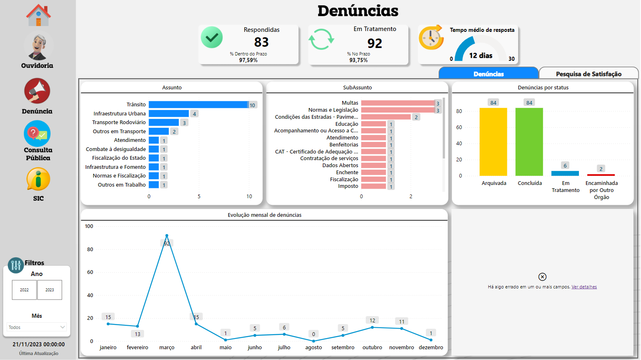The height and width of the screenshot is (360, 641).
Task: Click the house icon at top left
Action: pos(38,15)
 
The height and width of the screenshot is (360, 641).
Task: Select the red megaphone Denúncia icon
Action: pos(37,91)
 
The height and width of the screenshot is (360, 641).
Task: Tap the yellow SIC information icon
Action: pos(38,180)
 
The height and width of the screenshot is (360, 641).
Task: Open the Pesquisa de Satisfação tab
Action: pos(588,74)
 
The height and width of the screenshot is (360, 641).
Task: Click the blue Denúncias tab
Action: pos(488,74)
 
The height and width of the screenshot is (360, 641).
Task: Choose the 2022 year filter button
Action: pos(24,290)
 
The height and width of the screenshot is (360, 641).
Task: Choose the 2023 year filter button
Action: pos(50,290)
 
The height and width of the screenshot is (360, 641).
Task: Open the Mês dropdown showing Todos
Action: pos(37,327)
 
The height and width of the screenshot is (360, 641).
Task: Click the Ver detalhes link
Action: pos(584,287)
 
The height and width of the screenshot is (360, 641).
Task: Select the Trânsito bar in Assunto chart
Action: pos(198,105)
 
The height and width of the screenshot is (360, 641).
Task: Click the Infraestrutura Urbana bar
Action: pos(168,113)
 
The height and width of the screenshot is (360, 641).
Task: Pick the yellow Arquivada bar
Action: pos(493,142)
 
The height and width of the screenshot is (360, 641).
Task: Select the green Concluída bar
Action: pos(529,142)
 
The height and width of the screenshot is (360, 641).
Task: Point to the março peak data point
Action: pos(167,236)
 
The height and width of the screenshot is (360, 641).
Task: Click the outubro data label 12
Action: pos(372,320)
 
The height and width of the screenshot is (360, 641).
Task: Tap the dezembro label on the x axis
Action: pos(431,347)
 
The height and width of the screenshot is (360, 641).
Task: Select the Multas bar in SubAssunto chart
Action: pos(398,103)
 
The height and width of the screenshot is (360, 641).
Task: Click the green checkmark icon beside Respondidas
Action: pos(212,37)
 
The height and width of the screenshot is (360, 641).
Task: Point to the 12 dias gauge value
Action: pos(480,55)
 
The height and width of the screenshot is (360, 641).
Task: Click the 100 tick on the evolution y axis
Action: pos(89,226)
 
